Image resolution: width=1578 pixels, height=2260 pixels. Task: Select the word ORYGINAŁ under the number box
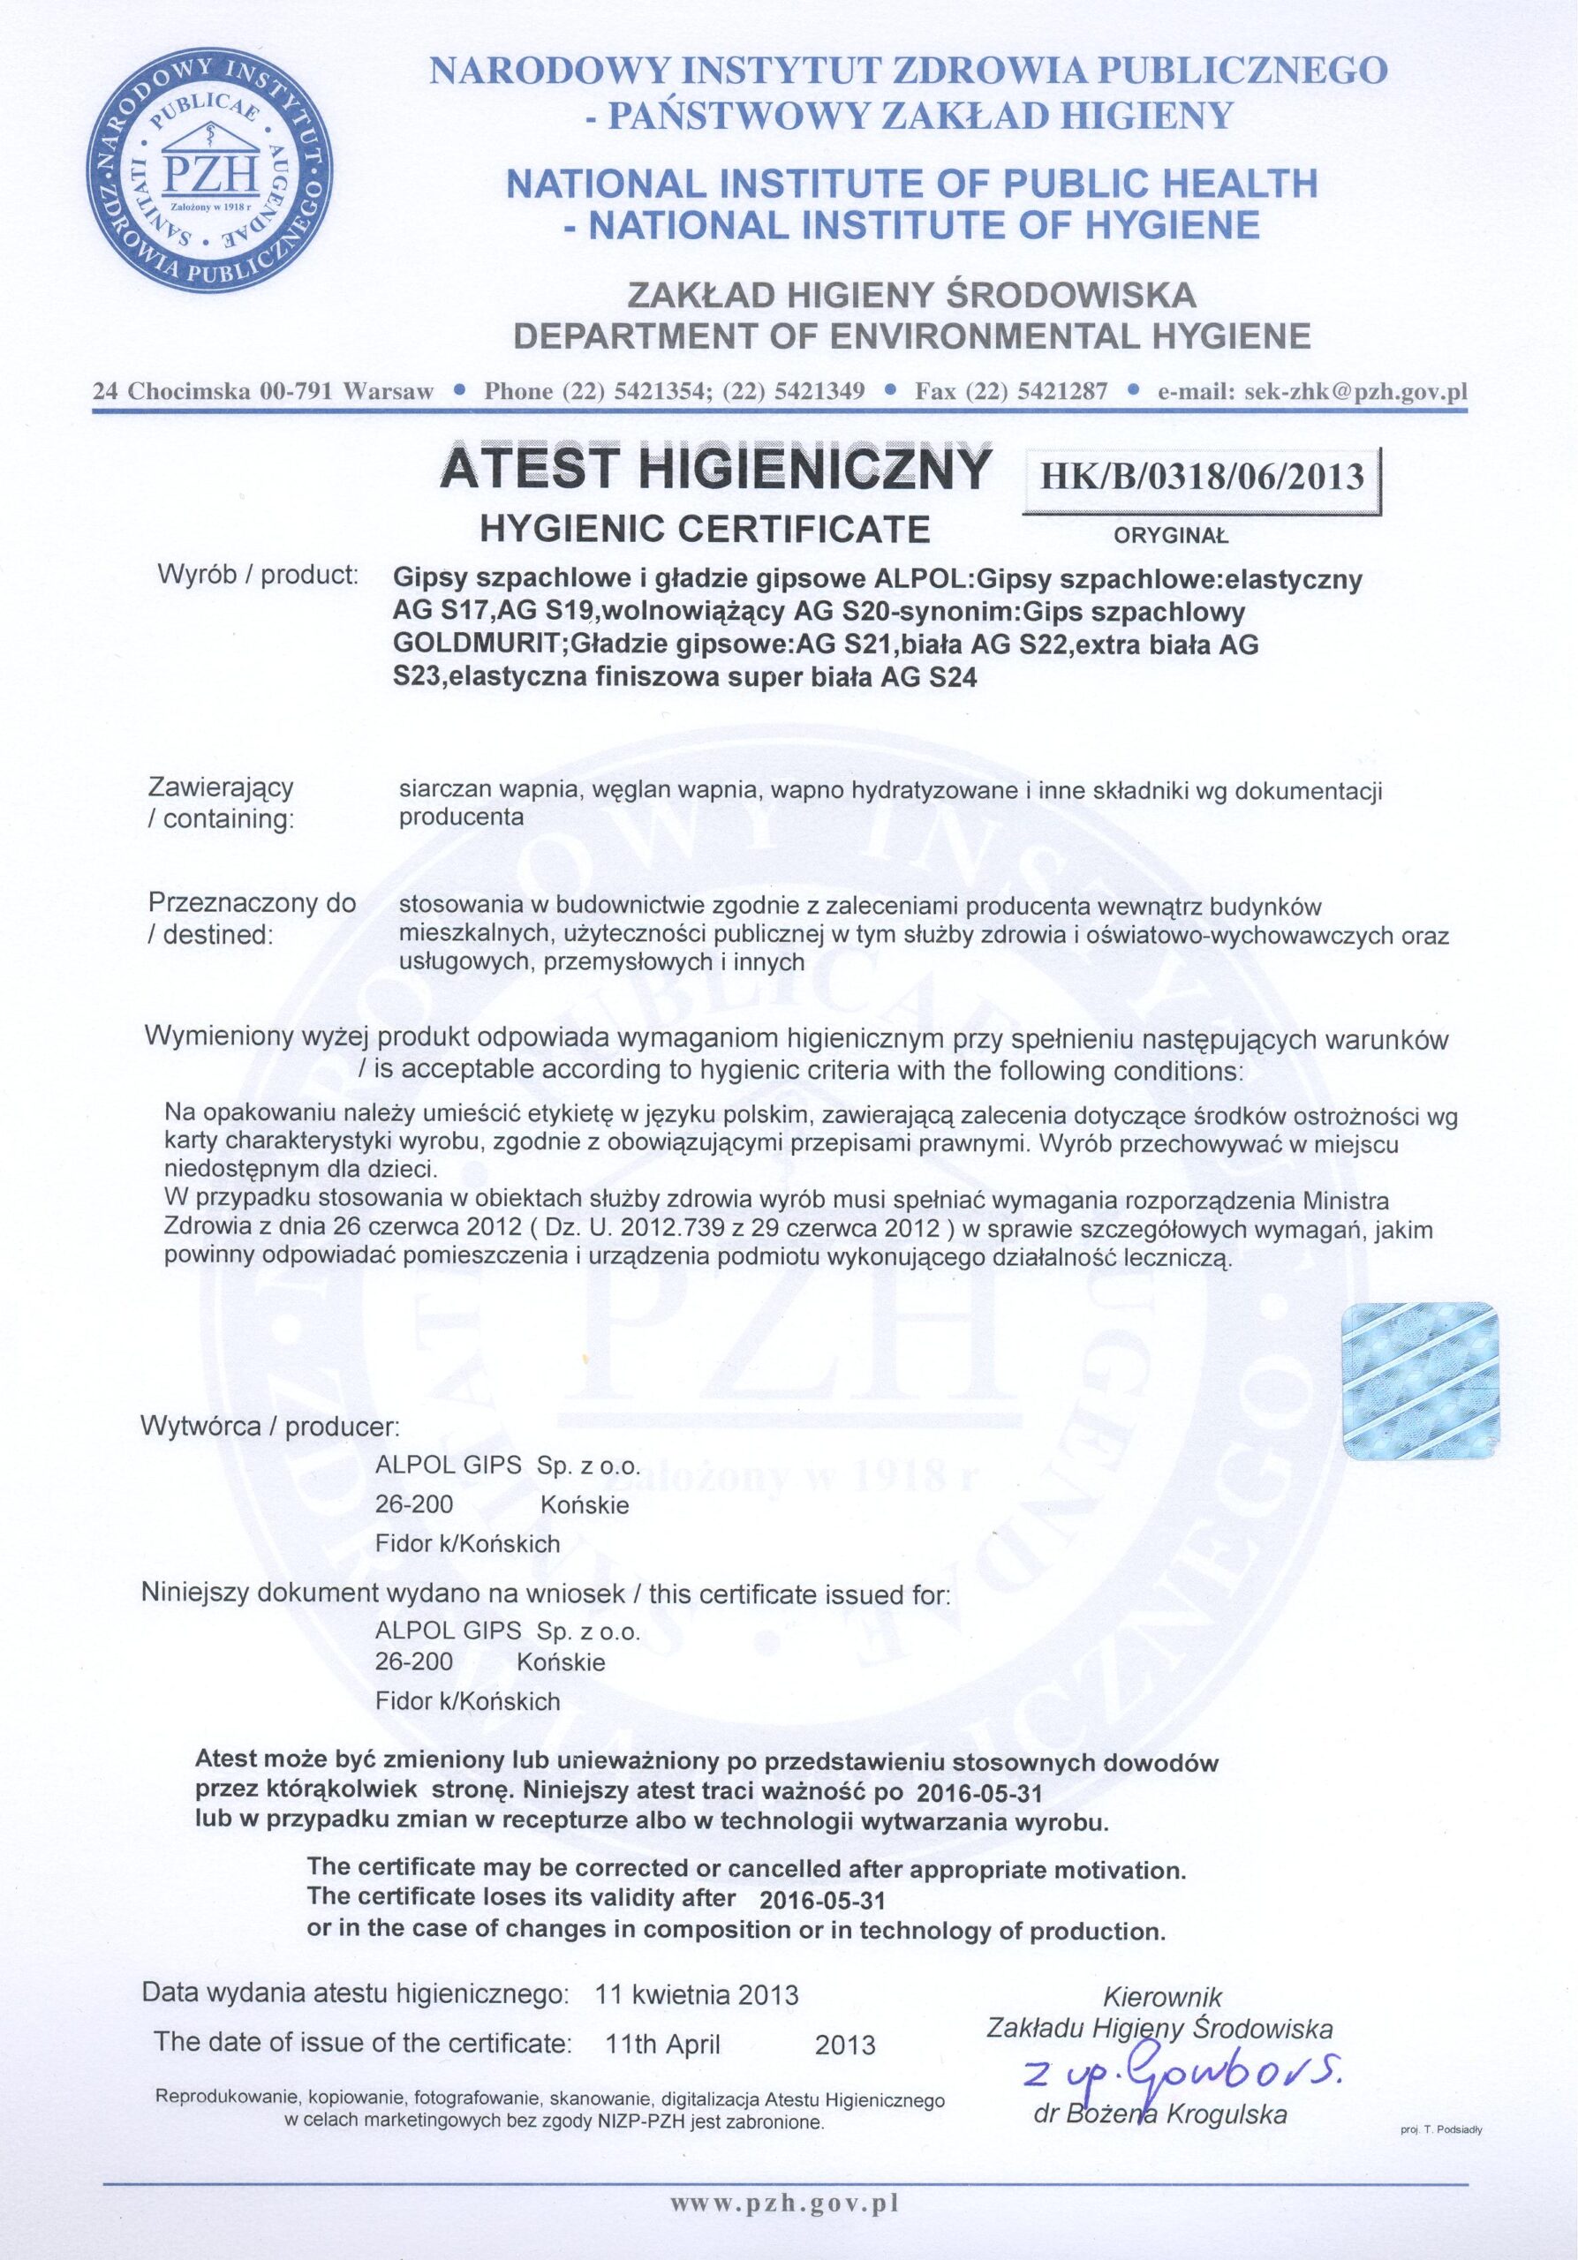[1172, 538]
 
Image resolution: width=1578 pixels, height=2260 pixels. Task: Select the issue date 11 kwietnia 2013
[697, 1969]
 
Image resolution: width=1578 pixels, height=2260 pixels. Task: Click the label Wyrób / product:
[258, 575]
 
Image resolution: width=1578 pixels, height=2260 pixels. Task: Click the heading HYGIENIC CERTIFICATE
[704, 530]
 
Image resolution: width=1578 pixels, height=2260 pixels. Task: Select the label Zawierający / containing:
[221, 803]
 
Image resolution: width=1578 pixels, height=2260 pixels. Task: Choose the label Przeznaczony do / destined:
[250, 918]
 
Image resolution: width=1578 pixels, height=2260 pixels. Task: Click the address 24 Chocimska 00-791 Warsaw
[263, 391]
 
